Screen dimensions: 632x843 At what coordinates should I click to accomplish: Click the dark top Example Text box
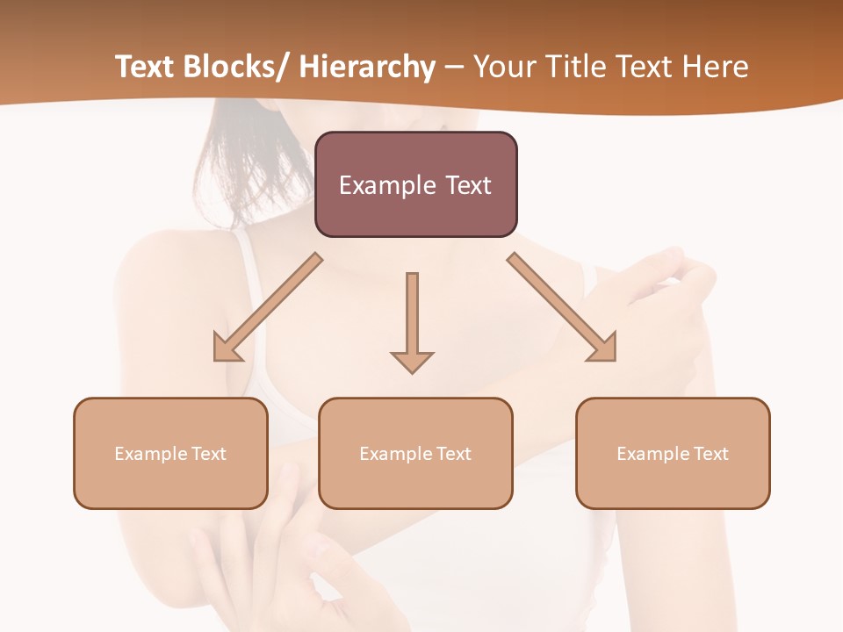click(415, 184)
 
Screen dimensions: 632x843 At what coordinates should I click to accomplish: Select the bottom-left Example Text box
click(170, 453)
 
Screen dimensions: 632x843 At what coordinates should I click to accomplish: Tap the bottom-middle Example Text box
click(415, 453)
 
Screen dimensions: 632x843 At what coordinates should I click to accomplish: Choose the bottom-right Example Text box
click(673, 453)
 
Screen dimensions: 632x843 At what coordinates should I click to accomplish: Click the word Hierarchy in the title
click(367, 67)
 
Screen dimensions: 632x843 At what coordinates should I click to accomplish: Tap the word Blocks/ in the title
click(236, 67)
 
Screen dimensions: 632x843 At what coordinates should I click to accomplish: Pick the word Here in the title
click(716, 67)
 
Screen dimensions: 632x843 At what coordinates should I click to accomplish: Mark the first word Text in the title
click(146, 67)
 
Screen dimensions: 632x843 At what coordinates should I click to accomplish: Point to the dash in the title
click(454, 68)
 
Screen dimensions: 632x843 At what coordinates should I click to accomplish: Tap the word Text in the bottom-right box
click(710, 454)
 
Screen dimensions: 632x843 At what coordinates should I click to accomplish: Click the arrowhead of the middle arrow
click(412, 362)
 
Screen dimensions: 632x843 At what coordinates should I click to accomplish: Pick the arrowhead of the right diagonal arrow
click(604, 348)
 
